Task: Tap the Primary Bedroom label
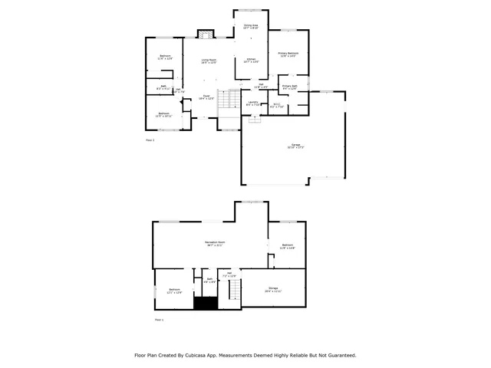pos(288,54)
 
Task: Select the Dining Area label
pos(251,27)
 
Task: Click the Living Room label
pos(209,61)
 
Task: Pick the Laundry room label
pos(252,103)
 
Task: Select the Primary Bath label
pos(289,87)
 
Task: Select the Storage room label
pos(273,290)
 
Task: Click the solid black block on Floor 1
pos(205,304)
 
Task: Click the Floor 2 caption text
pos(150,140)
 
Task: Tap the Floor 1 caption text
pos(160,319)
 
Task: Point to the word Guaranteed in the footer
pos(338,356)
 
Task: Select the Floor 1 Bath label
pos(209,281)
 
